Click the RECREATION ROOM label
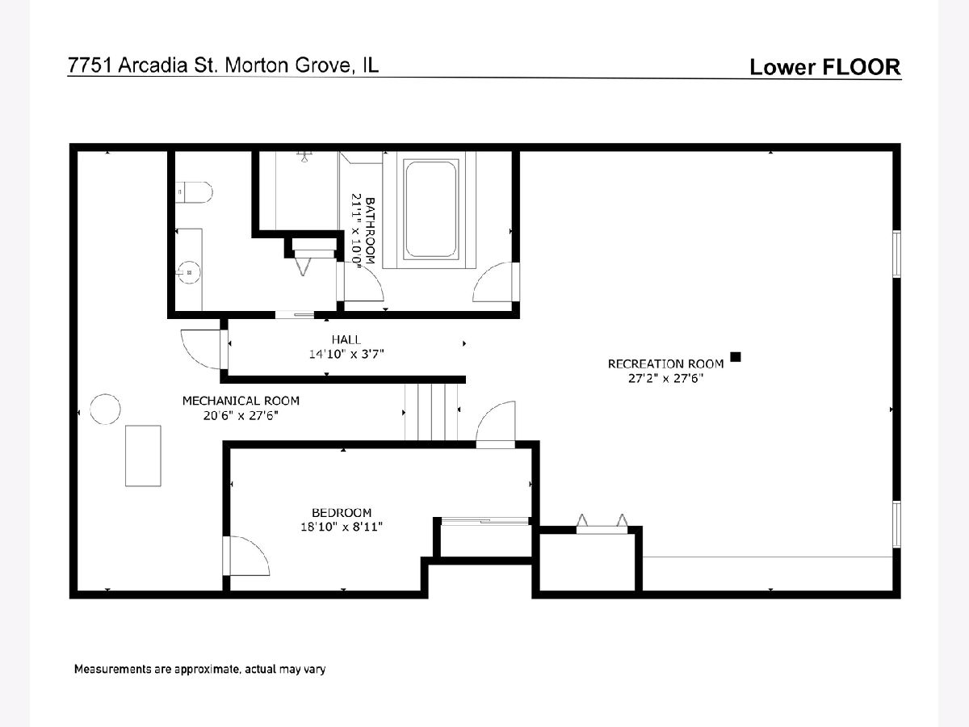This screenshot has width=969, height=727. click(665, 363)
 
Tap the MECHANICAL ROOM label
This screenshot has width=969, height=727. click(241, 401)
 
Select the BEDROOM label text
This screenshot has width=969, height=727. click(342, 512)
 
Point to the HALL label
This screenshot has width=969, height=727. click(346, 339)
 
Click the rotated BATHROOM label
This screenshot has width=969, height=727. click(370, 231)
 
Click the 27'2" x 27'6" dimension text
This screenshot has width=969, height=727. click(665, 378)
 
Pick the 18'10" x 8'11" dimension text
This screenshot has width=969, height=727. click(342, 527)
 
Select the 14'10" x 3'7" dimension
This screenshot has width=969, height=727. click(346, 354)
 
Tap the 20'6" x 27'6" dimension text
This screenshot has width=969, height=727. click(241, 415)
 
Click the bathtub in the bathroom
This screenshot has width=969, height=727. click(430, 209)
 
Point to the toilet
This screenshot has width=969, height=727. click(194, 192)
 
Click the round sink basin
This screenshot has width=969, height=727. click(190, 272)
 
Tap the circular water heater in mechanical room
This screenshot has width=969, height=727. click(105, 410)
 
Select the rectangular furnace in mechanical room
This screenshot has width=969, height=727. click(143, 456)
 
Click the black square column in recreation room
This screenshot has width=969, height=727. click(736, 357)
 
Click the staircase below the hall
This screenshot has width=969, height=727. click(431, 411)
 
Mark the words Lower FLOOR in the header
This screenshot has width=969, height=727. click(825, 67)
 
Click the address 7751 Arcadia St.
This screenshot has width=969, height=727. click(143, 65)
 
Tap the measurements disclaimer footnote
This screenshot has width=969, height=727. click(199, 669)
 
